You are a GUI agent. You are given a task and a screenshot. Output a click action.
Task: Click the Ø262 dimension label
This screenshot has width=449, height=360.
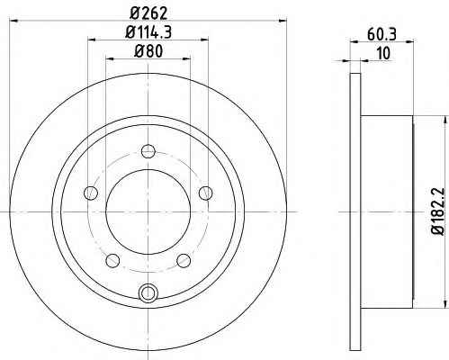148,13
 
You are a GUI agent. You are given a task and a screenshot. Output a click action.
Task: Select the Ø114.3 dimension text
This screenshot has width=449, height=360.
148,31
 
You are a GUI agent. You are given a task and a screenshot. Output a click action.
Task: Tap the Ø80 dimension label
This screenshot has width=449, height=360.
148,50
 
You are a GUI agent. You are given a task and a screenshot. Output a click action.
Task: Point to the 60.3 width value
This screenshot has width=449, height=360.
382,34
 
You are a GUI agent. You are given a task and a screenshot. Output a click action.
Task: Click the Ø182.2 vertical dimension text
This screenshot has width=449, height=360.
438,211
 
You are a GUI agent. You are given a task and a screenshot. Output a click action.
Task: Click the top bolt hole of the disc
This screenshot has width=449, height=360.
148,151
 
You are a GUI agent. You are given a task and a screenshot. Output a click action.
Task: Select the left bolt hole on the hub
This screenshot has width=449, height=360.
91,193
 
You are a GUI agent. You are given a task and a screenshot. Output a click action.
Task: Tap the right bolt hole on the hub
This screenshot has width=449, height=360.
206,193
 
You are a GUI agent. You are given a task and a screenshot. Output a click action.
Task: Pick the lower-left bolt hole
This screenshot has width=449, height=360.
112,260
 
